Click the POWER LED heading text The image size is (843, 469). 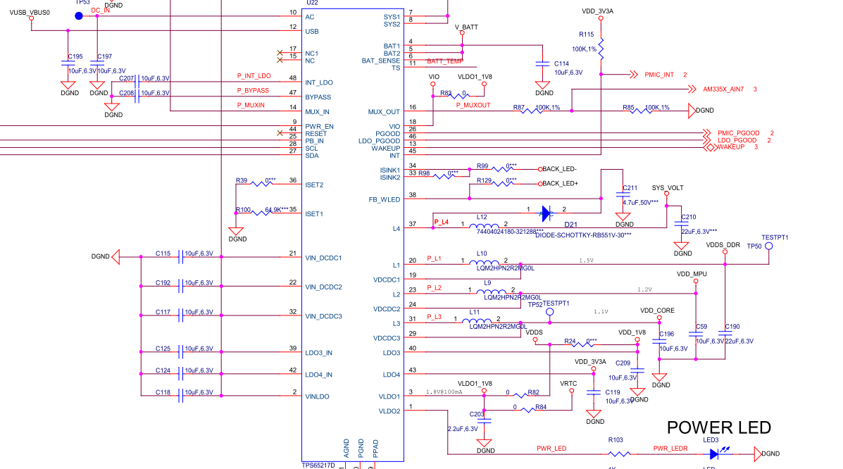(x=718, y=427)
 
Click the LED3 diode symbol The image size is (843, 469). (x=714, y=454)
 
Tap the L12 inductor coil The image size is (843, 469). (x=491, y=226)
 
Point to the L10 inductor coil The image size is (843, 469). (x=491, y=262)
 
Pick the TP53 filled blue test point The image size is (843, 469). (x=79, y=15)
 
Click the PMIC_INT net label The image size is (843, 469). (x=655, y=75)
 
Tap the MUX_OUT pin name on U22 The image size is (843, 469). (x=384, y=112)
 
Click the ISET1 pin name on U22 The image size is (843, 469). (x=314, y=213)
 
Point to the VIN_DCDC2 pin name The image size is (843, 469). (x=323, y=287)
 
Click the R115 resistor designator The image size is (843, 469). (x=586, y=35)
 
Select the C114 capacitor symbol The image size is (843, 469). (x=542, y=63)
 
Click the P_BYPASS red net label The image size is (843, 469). (x=253, y=90)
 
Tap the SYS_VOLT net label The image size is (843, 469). (x=668, y=189)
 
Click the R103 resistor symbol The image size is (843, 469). (x=616, y=454)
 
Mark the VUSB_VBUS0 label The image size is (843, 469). (x=30, y=13)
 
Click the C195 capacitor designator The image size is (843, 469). (x=75, y=56)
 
